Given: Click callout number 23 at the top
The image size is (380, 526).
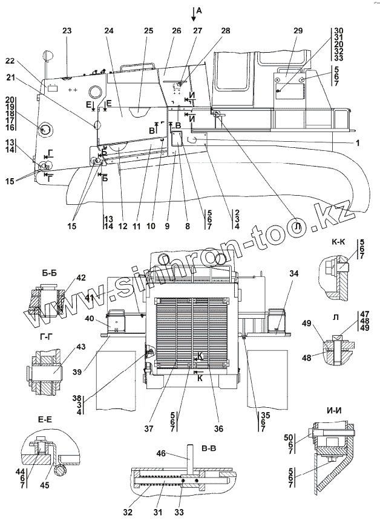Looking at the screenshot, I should [x=67, y=31].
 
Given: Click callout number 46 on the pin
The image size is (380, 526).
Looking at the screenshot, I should [x=179, y=453].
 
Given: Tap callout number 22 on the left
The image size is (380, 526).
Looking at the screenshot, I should [x=9, y=61].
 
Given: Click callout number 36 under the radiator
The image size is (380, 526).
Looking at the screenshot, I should [x=218, y=428].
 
